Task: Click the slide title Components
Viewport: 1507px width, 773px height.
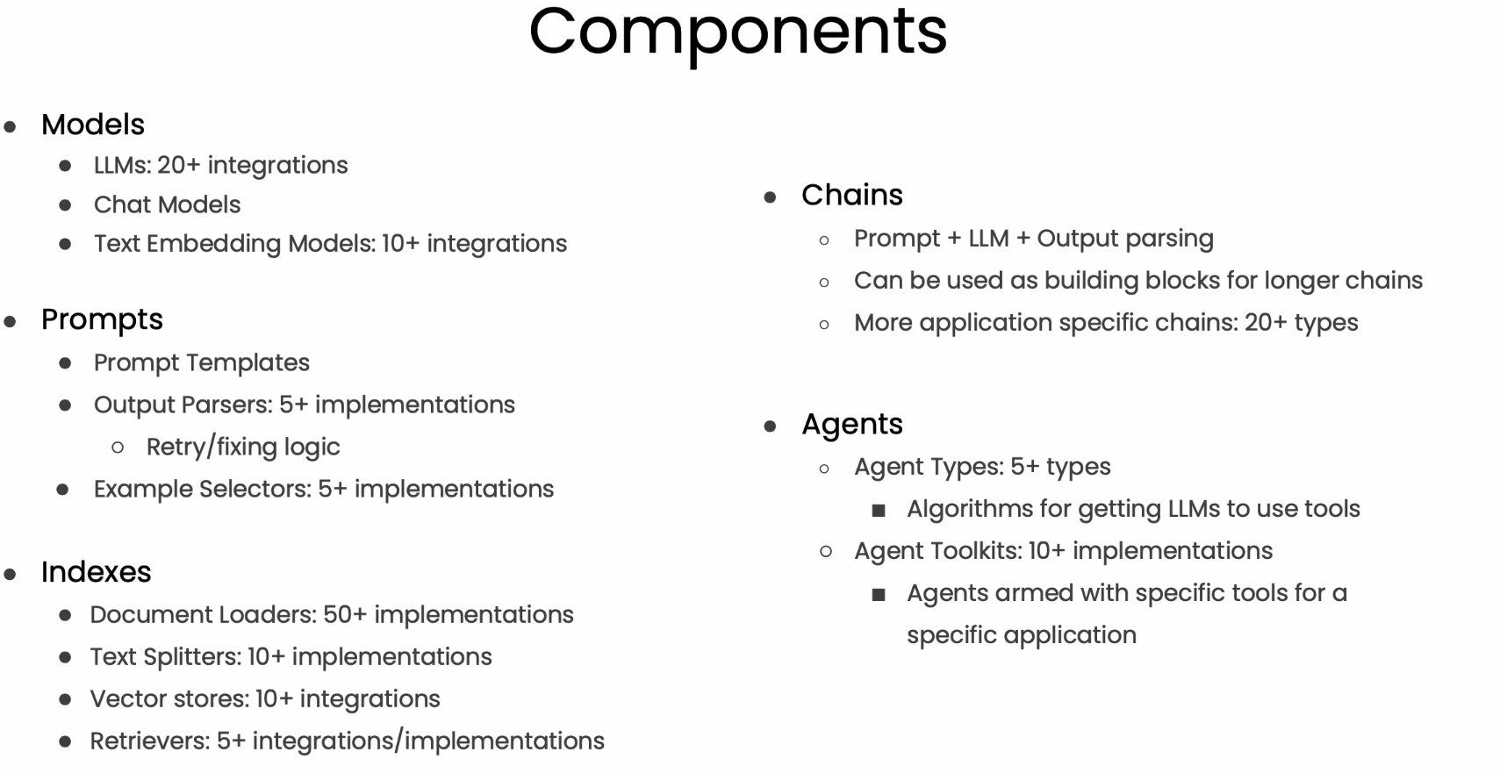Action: pos(738,33)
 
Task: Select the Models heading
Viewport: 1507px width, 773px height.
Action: pos(93,125)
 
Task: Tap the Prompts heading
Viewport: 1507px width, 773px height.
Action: pos(102,320)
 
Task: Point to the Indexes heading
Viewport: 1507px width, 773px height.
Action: pos(96,572)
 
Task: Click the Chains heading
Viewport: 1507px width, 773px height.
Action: pos(851,195)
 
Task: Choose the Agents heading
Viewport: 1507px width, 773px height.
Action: pos(851,426)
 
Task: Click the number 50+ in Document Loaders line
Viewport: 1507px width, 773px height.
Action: pos(345,614)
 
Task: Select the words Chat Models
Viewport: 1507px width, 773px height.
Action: pos(167,204)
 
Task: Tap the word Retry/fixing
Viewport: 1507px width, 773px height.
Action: pos(210,447)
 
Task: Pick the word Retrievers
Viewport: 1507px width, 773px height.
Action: pos(149,741)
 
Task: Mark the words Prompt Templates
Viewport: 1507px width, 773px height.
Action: pos(201,363)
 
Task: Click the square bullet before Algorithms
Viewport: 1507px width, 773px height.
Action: pos(879,511)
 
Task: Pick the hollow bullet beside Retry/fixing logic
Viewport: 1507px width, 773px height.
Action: pos(118,448)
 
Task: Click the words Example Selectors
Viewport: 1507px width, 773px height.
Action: pos(202,489)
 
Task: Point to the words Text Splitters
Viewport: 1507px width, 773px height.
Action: pos(165,657)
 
